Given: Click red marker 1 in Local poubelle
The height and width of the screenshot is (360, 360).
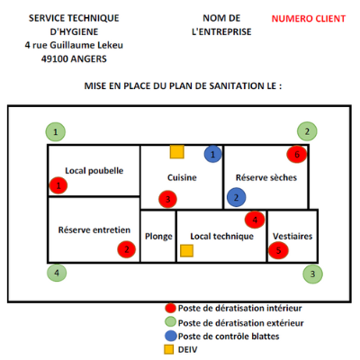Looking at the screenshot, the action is click(58, 185).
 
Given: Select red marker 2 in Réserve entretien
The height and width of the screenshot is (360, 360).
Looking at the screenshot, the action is click(127, 249).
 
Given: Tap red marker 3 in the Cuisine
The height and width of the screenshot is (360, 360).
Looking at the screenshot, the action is click(167, 199).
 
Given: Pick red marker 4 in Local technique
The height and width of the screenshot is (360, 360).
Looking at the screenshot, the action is click(255, 220).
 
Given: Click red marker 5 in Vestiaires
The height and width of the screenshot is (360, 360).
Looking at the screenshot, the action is click(278, 250).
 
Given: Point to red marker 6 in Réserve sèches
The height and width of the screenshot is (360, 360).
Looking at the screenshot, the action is click(297, 155).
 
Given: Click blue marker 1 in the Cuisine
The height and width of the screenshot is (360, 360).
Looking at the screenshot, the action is click(213, 154).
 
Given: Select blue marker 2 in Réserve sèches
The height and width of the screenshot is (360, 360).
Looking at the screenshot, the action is click(237, 197).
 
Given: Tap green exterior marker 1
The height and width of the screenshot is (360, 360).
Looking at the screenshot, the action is click(56, 132).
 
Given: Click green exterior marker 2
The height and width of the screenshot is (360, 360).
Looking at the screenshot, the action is click(307, 131).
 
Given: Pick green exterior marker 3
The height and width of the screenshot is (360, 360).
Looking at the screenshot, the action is click(312, 274).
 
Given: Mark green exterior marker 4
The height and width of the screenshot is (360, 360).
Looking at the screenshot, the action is click(57, 273).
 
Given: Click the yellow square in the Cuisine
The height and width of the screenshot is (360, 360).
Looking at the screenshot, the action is click(177, 152).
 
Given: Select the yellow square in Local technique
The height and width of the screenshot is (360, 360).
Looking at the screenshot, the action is click(186, 251).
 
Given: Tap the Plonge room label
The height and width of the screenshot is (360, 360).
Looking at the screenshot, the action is click(158, 237).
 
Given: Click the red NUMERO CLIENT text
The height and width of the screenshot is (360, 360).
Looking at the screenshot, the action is click(309, 19).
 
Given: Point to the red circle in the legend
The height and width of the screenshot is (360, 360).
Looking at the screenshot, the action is click(170, 308).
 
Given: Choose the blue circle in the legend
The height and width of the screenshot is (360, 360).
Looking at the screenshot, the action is click(171, 336).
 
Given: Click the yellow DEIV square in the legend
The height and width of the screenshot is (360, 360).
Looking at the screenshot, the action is click(169, 349).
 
